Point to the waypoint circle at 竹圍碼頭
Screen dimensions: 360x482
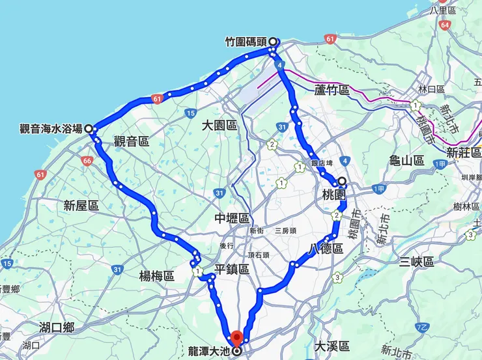273,42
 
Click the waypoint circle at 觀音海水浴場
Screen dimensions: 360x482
88,129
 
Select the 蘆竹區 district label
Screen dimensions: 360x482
332,90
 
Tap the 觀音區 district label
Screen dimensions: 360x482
132,141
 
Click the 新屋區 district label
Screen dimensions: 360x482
81,206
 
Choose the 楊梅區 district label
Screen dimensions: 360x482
156,276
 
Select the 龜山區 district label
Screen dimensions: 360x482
406,160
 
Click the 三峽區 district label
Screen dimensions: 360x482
417,262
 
